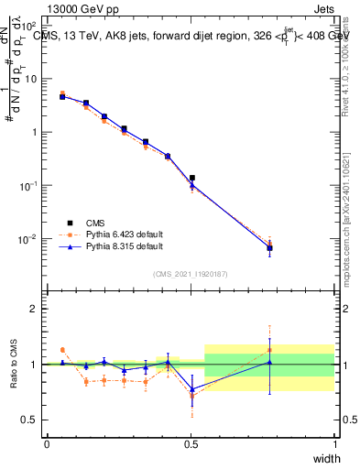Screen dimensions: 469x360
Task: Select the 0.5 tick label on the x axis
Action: [x=191, y=444]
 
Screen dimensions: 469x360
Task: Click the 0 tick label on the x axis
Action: [x=47, y=444]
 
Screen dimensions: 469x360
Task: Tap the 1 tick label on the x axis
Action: [x=335, y=444]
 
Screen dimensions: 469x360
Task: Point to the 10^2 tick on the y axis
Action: [x=30, y=27]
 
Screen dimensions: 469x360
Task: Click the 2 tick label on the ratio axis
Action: [x=34, y=309]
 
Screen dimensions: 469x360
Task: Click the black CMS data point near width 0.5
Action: [x=191, y=178]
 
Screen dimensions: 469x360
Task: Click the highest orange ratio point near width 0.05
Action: [x=62, y=350]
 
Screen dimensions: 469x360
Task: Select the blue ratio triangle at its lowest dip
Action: [x=191, y=389]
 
